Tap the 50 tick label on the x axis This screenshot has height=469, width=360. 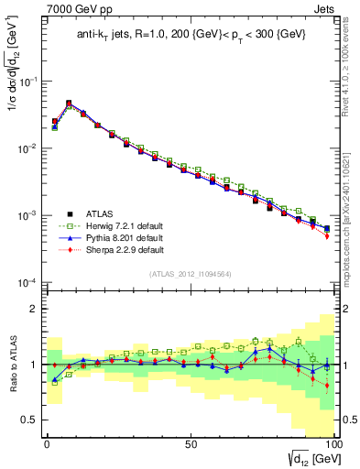191,443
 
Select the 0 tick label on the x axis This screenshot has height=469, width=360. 47,443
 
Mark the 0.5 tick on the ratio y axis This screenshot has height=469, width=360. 30,420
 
